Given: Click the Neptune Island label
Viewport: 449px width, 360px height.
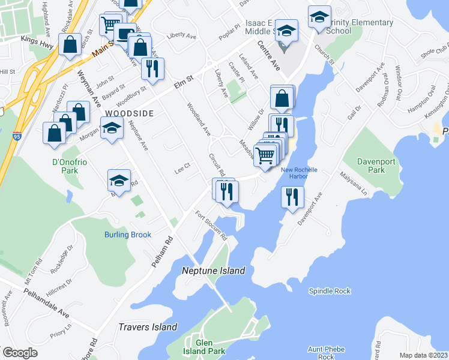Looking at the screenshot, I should [213, 271].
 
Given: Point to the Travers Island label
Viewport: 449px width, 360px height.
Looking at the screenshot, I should [148, 327].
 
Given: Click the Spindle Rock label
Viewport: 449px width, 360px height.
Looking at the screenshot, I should [330, 291].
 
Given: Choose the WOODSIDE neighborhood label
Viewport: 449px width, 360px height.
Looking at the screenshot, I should [129, 113].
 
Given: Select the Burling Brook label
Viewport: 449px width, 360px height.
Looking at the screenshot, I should [128, 235].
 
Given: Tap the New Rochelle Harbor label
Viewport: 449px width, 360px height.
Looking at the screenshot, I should [295, 173].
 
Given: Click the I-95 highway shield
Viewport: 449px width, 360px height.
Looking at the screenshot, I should [17, 137].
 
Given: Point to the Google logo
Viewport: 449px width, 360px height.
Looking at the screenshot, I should [20, 353].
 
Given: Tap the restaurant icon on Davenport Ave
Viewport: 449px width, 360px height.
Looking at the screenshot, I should [292, 197].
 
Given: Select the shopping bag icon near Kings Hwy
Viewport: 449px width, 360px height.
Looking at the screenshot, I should [70, 44].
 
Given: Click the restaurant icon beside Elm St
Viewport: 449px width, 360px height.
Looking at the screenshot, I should [152, 68].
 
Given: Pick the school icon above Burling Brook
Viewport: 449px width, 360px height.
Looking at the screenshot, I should [119, 181].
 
